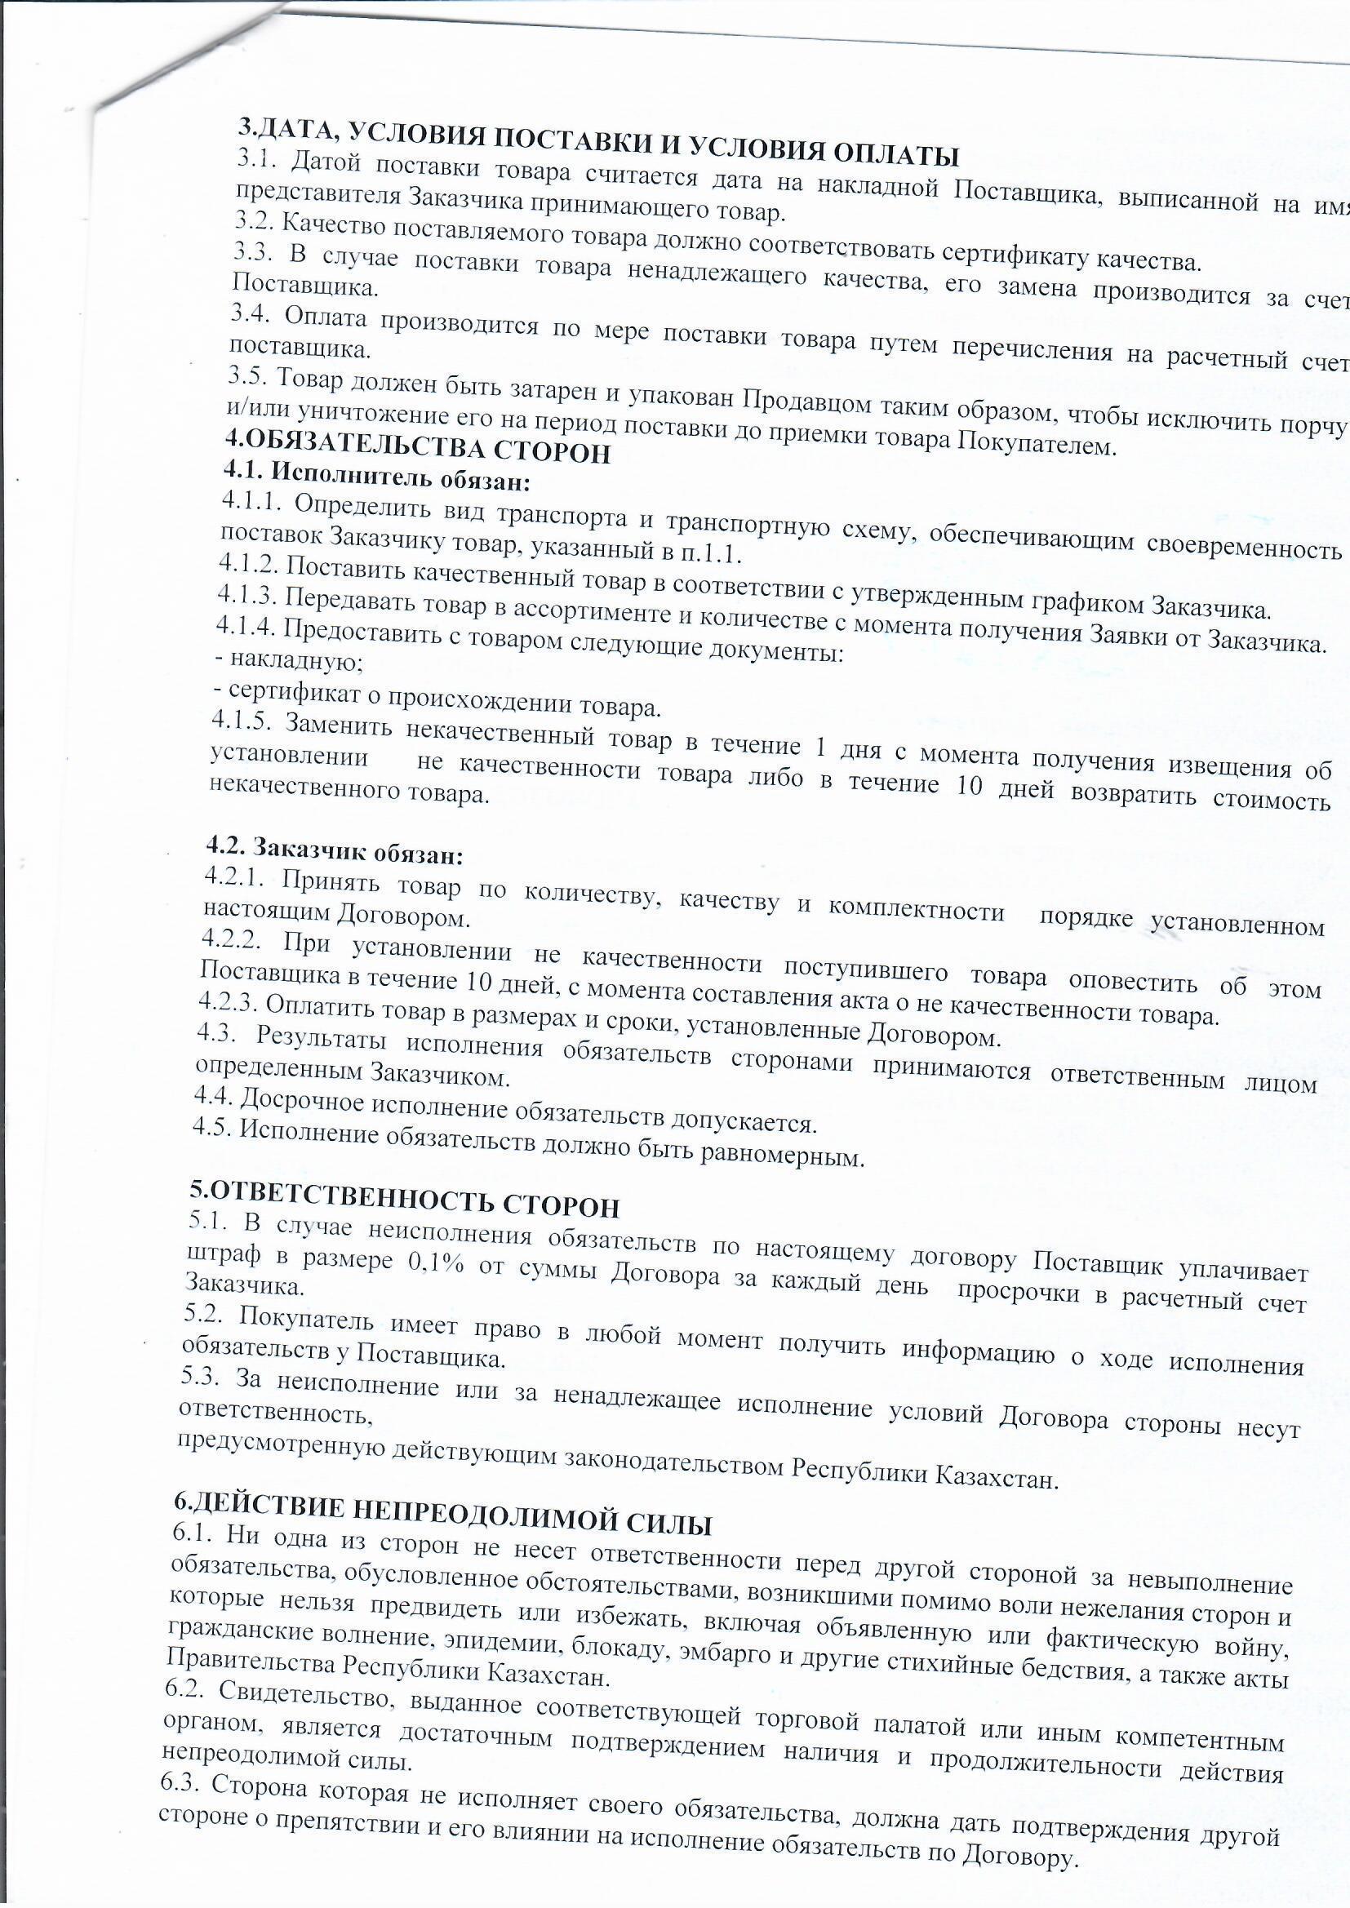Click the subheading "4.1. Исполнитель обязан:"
tap(376, 477)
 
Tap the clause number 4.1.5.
tap(242, 721)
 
